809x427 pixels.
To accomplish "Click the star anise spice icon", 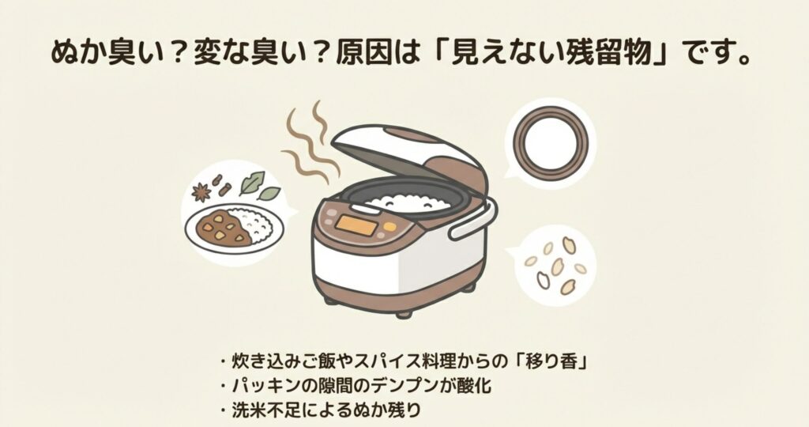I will click(x=202, y=191).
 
